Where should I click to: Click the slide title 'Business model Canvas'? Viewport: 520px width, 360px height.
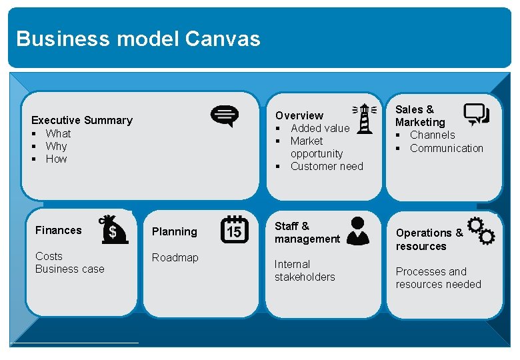138,39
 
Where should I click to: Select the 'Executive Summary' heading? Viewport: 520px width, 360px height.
82,121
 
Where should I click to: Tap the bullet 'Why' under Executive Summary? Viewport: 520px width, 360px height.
57,146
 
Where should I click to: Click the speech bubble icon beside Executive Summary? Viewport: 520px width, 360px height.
224,116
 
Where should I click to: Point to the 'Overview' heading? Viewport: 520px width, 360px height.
299,115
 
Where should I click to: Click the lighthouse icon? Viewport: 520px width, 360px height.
364,119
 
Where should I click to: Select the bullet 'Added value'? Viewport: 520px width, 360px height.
320,128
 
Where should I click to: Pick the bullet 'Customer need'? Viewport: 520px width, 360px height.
327,166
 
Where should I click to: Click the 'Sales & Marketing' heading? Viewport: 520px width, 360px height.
420,115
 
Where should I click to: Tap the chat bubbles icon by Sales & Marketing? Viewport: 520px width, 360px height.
477,115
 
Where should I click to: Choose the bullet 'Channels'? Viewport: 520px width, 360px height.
433,135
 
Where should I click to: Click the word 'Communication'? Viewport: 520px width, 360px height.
447,148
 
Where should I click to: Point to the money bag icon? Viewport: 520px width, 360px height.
111,230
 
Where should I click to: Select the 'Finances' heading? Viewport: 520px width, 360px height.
59,230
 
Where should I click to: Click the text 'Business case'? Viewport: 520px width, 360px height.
70,269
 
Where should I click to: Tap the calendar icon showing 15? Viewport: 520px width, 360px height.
235,229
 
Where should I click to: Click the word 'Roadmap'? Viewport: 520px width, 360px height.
175,257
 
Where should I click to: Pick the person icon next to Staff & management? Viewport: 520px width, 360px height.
358,231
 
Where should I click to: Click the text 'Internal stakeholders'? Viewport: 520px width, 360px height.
305,271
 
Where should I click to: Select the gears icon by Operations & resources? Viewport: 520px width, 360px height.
481,231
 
